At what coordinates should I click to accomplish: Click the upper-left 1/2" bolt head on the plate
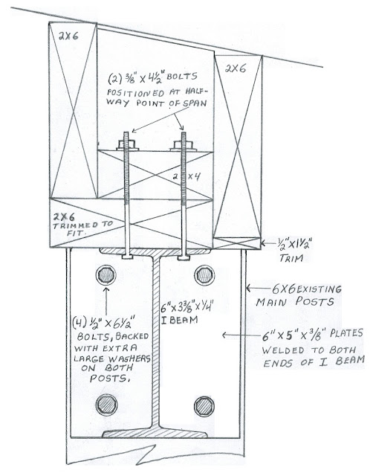pos(106,275)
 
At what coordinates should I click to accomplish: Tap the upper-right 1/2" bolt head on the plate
pos(204,275)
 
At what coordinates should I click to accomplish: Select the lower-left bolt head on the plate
pos(107,405)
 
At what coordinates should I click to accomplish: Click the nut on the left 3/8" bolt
pos(127,146)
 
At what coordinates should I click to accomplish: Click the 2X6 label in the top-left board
pos(68,36)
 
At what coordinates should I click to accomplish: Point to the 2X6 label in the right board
pos(236,68)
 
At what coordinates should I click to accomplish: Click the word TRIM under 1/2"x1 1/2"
pos(291,258)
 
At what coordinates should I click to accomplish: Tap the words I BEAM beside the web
pos(179,320)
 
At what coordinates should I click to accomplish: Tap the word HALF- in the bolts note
pos(195,91)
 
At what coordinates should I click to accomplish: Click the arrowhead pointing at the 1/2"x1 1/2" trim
pos(263,243)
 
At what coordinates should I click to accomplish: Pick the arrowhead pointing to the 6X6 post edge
pos(248,288)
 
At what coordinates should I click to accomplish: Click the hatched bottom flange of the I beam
pos(155,433)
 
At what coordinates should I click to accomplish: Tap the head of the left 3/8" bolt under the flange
pos(127,257)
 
